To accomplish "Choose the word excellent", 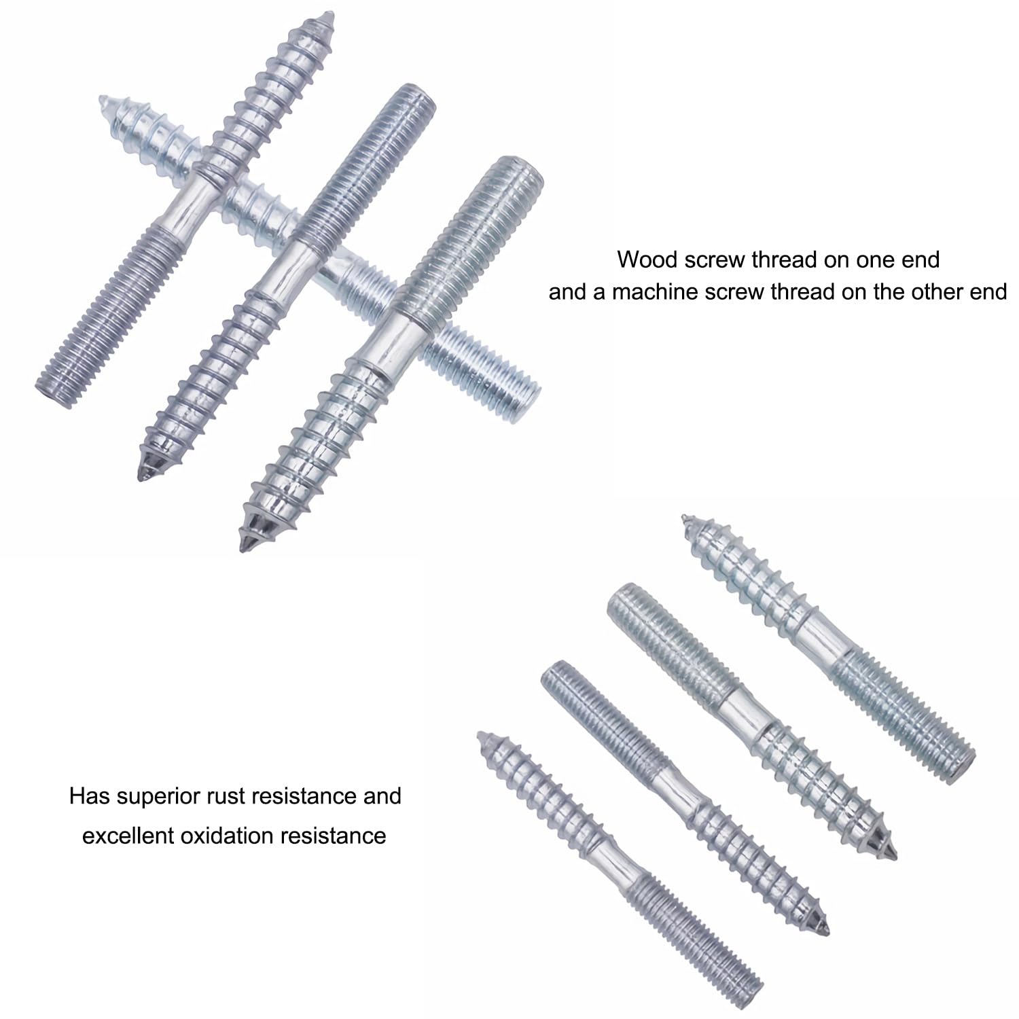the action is [x=128, y=835].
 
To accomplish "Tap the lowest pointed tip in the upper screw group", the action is [x=243, y=543].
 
